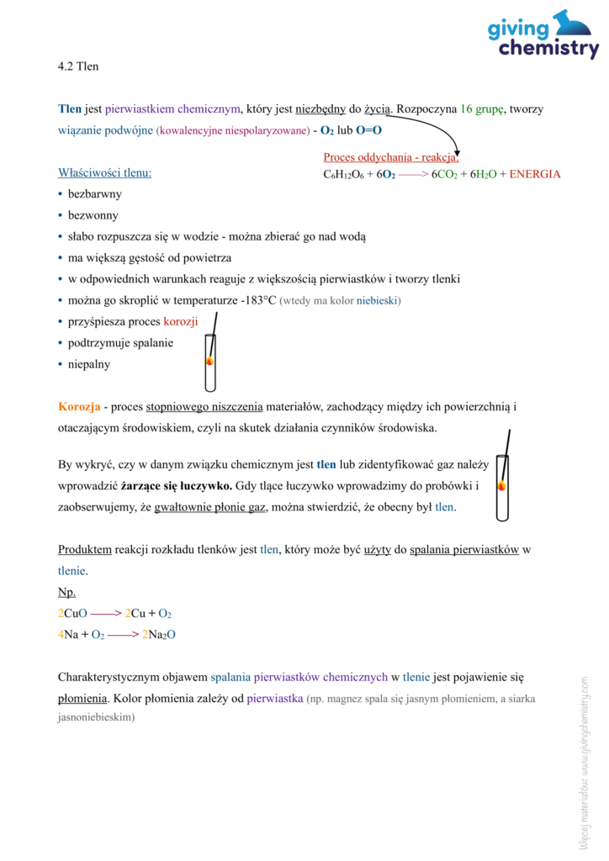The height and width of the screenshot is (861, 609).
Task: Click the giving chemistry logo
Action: (543, 35)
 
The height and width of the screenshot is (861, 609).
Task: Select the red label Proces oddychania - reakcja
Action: (390, 157)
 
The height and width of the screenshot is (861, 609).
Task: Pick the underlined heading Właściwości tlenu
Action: (105, 173)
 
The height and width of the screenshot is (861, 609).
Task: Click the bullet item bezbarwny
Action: (95, 194)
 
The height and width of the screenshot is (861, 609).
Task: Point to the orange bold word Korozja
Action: (80, 407)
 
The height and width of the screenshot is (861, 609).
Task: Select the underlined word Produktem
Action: (85, 550)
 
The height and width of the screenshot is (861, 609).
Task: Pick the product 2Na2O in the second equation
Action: (159, 635)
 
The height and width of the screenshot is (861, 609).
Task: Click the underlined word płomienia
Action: (83, 698)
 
